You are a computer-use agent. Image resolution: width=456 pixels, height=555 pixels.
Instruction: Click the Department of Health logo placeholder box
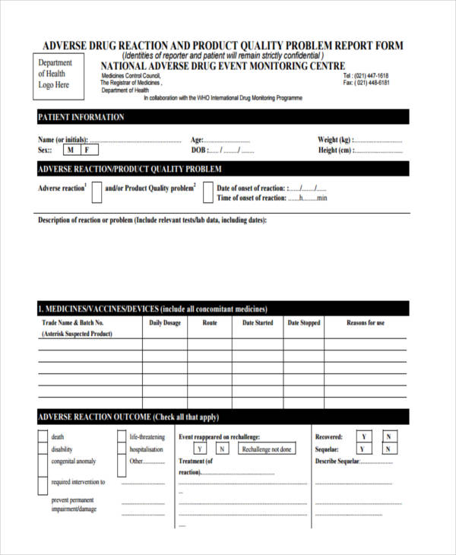[x=55, y=75]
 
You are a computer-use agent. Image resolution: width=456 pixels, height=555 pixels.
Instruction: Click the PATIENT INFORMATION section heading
[x=81, y=117]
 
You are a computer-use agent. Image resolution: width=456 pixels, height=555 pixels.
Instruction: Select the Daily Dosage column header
[x=165, y=323]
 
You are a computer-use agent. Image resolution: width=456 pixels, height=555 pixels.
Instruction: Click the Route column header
[x=210, y=323]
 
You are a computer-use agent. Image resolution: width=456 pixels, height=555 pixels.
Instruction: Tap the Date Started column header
[x=258, y=323]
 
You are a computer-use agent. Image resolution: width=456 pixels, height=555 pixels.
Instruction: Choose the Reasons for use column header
[x=366, y=323]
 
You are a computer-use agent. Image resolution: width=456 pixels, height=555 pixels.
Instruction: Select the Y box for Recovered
[x=364, y=437]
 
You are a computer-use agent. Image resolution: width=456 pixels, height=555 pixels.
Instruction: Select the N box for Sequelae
[x=388, y=449]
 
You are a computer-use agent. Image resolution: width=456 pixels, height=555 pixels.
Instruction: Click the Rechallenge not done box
[x=267, y=449]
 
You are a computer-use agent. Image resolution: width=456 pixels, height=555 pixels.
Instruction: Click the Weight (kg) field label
[x=334, y=140]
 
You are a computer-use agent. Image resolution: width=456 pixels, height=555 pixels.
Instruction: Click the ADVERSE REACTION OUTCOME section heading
[x=128, y=417]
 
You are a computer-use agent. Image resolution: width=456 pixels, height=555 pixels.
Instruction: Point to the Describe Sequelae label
[x=336, y=461]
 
